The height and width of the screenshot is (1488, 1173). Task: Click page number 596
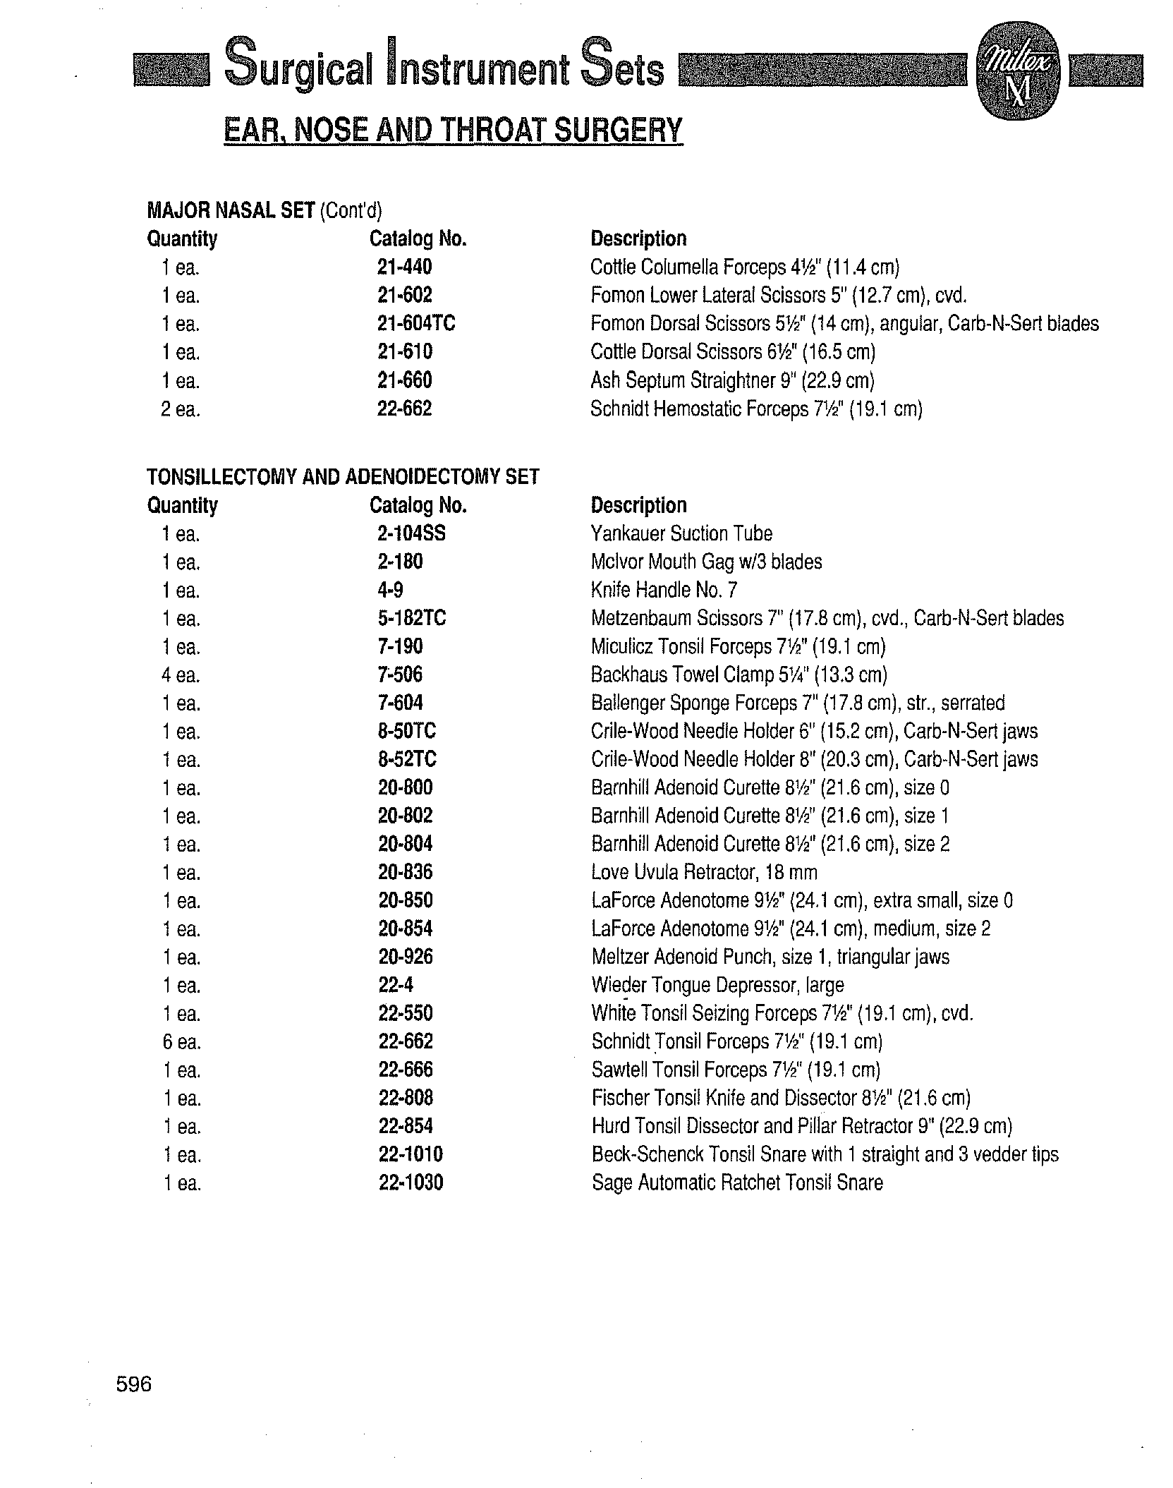[x=134, y=1384]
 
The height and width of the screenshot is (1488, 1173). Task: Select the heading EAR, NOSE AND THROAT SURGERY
[x=453, y=131]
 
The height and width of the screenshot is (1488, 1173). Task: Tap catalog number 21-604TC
[x=415, y=324]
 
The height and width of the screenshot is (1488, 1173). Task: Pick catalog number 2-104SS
[x=411, y=533]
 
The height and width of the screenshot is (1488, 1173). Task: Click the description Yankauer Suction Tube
[x=681, y=534]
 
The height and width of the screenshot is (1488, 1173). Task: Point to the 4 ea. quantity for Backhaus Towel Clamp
[x=181, y=675]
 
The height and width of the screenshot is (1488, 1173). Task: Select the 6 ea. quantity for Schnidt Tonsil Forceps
[x=181, y=1042]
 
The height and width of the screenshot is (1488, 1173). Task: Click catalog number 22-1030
[x=411, y=1183]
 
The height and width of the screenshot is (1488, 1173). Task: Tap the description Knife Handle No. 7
[x=664, y=590]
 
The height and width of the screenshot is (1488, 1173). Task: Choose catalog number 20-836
[x=405, y=873]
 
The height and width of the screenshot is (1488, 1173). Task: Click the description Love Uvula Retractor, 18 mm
[x=704, y=873]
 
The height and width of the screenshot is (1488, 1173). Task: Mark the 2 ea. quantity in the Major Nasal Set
[x=181, y=409]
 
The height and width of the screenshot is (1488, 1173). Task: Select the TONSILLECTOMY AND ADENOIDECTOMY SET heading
[x=343, y=477]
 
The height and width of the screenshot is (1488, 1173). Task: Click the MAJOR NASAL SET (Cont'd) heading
[x=264, y=210]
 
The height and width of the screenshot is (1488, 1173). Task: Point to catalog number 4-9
[x=390, y=590]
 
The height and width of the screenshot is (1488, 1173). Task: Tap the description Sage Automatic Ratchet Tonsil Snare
[x=737, y=1183]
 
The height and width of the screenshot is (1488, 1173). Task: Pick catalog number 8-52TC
[x=407, y=760]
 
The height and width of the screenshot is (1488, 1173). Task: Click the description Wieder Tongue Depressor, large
[x=717, y=986]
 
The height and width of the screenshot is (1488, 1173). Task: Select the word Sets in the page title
[x=623, y=71]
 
